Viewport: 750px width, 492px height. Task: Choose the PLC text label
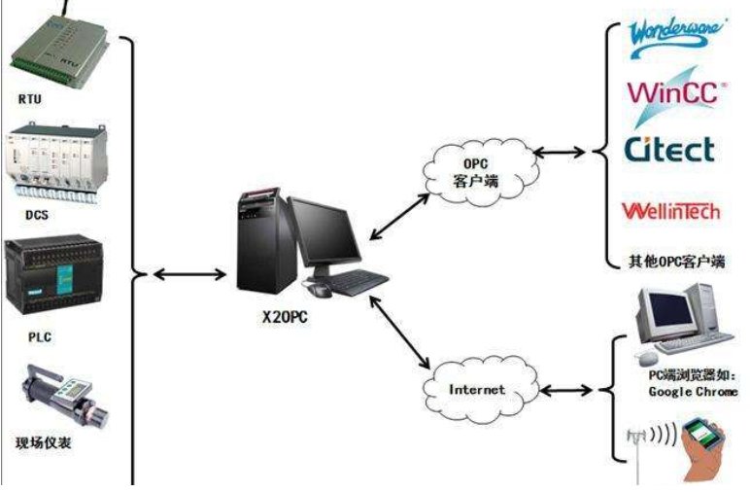click(x=34, y=337)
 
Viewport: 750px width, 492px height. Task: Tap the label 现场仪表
click(x=44, y=442)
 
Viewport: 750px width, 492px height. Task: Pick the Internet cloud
click(x=477, y=390)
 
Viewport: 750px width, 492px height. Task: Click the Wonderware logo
click(x=676, y=30)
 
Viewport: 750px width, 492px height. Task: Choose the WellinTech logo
click(x=671, y=210)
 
